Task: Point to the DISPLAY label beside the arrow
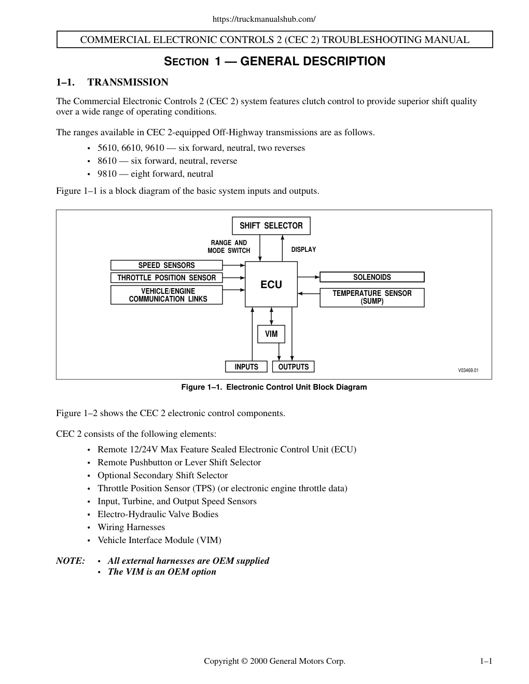tap(303, 250)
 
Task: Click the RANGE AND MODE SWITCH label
tap(229, 247)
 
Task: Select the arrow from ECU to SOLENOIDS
tap(309, 277)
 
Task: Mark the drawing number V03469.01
tap(468, 370)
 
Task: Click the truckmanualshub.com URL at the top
tap(264, 19)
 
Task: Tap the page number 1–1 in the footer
tap(486, 661)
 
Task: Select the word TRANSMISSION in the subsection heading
tap(128, 82)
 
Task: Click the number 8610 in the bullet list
tap(107, 161)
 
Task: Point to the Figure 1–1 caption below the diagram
tap(274, 387)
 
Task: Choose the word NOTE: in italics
tap(71, 561)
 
